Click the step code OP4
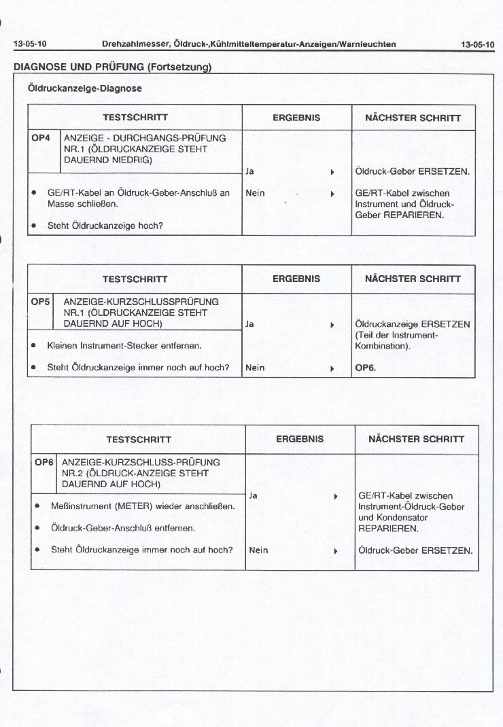pos(41,138)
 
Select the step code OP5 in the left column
pos(41,302)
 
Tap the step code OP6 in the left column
pos(44,462)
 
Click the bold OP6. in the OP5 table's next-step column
pos(365,368)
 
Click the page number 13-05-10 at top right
pos(478,45)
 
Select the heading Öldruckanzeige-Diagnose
pos(85,88)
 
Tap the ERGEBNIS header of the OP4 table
pos(296,118)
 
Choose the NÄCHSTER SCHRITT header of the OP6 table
pos(416,439)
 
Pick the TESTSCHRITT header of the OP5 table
pos(135,279)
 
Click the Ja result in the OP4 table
pos(249,172)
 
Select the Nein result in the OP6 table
pos(258,550)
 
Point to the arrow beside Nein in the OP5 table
pos(332,369)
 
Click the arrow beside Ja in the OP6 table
pos(336,497)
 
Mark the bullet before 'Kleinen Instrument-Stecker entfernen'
pos(33,346)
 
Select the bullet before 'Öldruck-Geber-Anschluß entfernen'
pos(37,528)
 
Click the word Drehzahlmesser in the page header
pos(135,45)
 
